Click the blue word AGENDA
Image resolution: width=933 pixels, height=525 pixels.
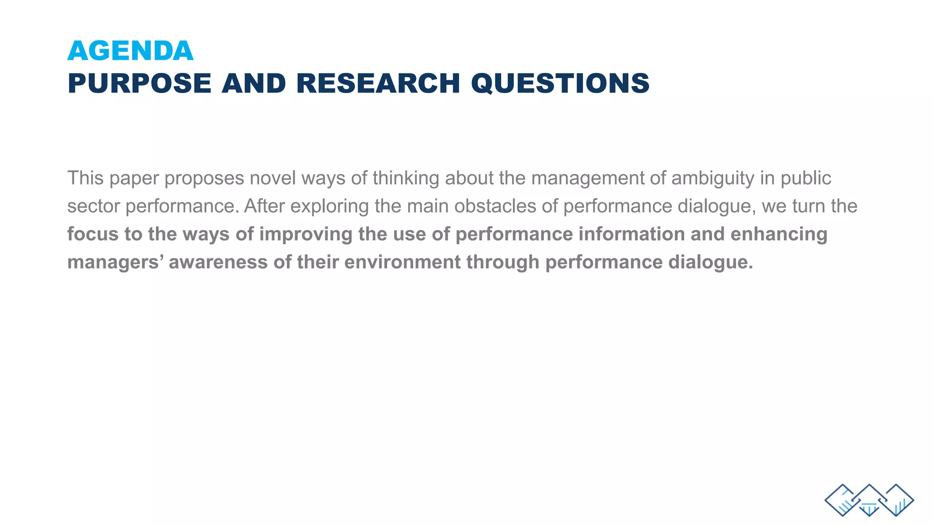pyautogui.click(x=130, y=51)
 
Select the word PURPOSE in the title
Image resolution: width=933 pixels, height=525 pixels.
pyautogui.click(x=139, y=84)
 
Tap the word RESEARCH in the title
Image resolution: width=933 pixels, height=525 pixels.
pyautogui.click(x=378, y=84)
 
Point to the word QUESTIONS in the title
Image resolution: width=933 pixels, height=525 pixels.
pyautogui.click(x=560, y=84)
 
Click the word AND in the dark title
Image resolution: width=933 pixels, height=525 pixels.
pyautogui.click(x=254, y=84)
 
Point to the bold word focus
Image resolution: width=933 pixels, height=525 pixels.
pyautogui.click(x=93, y=234)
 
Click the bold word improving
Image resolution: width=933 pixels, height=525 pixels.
pyautogui.click(x=306, y=234)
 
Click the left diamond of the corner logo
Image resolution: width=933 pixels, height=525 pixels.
pyautogui.click(x=842, y=500)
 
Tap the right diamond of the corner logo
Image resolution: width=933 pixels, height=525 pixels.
pyautogui.click(x=896, y=500)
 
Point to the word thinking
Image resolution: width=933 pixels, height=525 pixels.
pyautogui.click(x=405, y=178)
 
